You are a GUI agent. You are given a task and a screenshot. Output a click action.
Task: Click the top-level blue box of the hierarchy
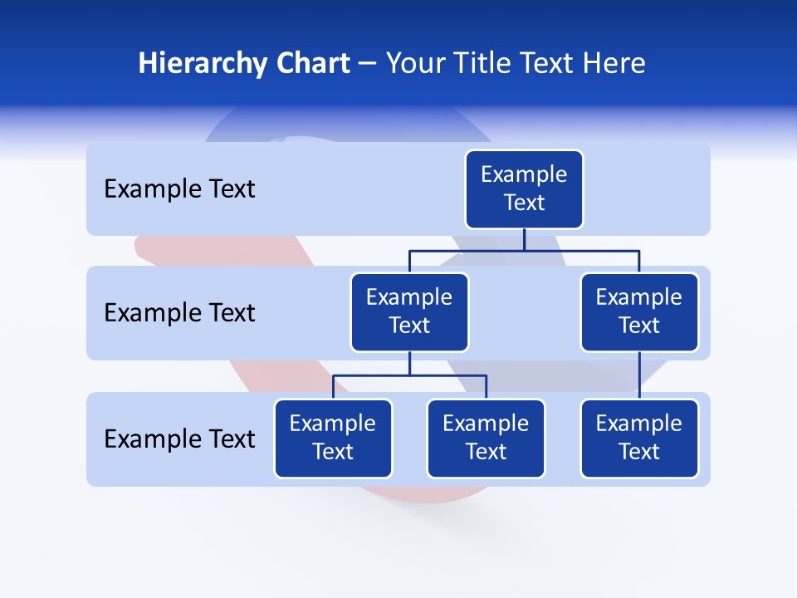[524, 189]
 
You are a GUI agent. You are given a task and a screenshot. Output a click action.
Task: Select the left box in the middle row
[409, 311]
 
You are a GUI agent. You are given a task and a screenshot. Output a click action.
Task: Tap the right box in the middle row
[639, 311]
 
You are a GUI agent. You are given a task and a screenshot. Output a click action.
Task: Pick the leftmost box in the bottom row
[333, 438]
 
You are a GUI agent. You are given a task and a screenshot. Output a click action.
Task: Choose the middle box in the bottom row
[486, 438]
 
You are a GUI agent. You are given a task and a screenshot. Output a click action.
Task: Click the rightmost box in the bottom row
[639, 438]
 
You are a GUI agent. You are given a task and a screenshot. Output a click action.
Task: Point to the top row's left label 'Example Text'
[179, 189]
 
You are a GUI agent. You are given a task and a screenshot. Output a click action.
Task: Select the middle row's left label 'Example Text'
[179, 313]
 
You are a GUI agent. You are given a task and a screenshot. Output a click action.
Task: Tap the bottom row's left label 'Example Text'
[179, 439]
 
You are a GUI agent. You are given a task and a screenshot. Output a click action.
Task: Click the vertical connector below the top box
[524, 239]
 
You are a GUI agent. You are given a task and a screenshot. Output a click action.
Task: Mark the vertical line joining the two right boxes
[639, 375]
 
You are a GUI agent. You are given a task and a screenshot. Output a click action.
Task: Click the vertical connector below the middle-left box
[409, 364]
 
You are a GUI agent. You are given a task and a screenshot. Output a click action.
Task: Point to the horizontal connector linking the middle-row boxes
[465, 250]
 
